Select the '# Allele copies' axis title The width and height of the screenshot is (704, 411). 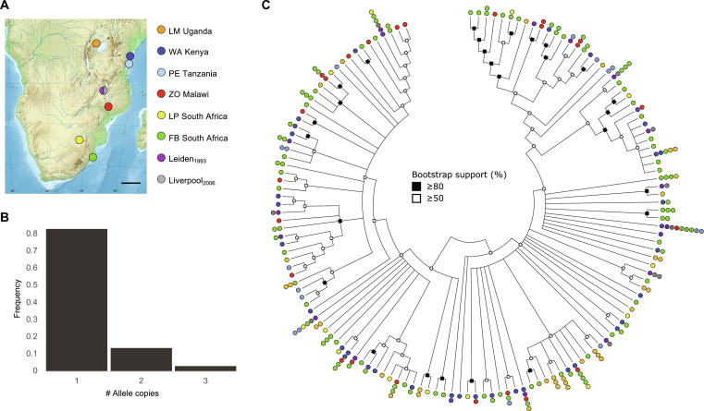click(135, 398)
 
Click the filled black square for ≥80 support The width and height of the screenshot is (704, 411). click(418, 185)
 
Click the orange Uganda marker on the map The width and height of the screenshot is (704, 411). click(97, 42)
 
